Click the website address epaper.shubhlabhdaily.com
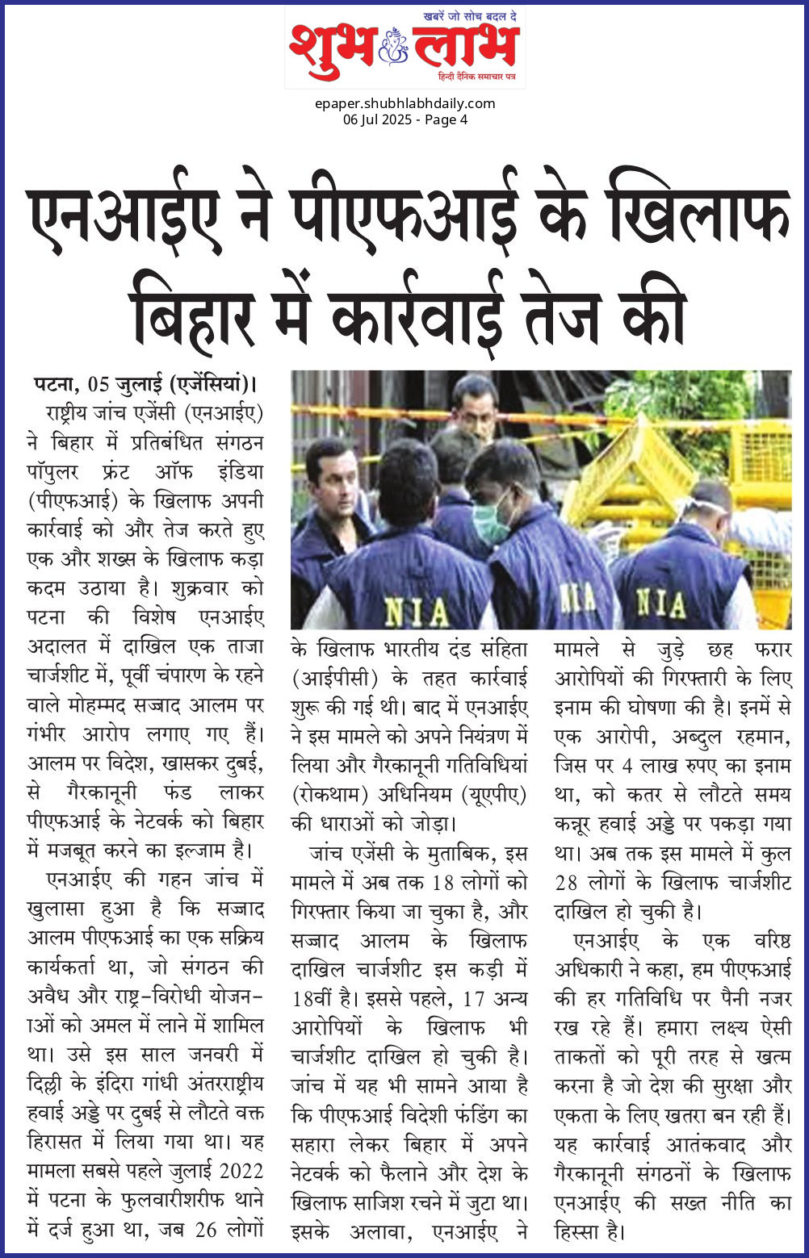click(404, 103)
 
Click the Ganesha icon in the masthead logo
click(394, 51)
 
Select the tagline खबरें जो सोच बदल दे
click(471, 16)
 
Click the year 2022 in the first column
click(241, 1170)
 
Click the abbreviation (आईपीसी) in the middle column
click(333, 678)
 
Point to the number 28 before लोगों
click(566, 882)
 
